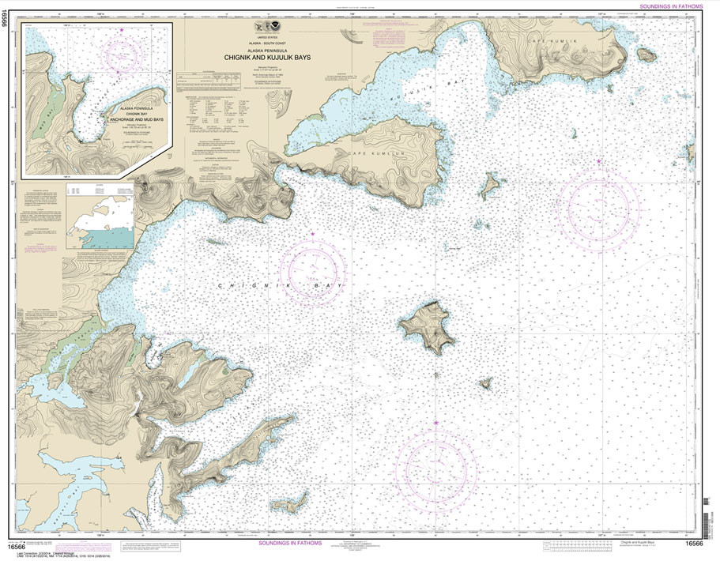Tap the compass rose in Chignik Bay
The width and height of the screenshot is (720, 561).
click(x=314, y=270)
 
